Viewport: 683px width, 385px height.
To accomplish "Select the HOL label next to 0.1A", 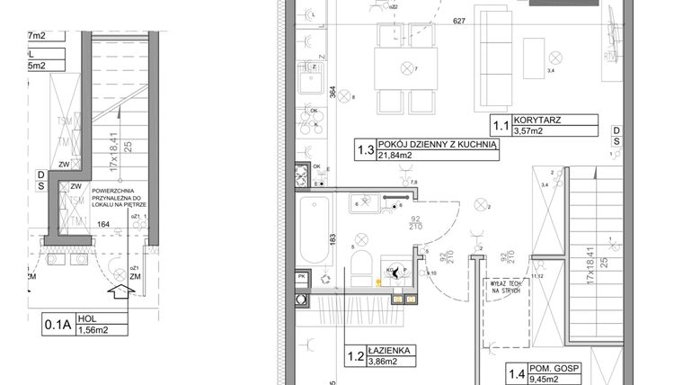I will coord(88,318).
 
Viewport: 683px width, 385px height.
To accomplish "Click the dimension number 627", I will coord(459,21).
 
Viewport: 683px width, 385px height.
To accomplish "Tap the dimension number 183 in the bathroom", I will coord(333,238).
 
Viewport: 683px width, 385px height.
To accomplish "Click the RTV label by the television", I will coord(610,55).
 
